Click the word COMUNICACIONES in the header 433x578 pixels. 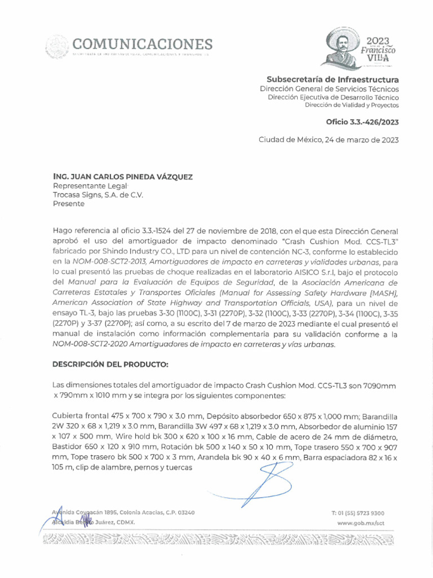click(142, 44)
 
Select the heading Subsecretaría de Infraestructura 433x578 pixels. click(333, 79)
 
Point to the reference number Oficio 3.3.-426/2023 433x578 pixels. click(362, 122)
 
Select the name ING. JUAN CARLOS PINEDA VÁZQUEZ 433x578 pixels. click(122, 177)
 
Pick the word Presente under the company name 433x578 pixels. click(68, 204)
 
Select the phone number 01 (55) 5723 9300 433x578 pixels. click(361, 513)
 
